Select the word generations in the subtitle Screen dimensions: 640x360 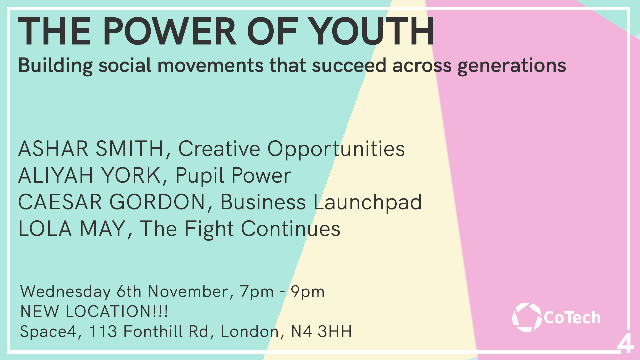point(512,66)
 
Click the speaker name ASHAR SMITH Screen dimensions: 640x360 point(91,149)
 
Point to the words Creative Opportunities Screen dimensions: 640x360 point(292,149)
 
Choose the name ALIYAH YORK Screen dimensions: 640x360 point(90,175)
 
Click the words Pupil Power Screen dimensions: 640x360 point(233,176)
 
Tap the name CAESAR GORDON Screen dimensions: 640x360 point(112,202)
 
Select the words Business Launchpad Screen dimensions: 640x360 point(321,203)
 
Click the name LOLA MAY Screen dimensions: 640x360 point(72,229)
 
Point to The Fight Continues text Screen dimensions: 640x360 point(240,229)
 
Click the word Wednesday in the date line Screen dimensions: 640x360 point(66,292)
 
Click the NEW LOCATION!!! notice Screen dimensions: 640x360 point(94,311)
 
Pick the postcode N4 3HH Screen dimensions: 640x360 point(321,331)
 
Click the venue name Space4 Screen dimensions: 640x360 point(48,332)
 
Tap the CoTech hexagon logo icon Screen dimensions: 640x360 point(527,317)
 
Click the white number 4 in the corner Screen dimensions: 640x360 point(625,343)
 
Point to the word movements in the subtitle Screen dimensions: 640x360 point(211,66)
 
